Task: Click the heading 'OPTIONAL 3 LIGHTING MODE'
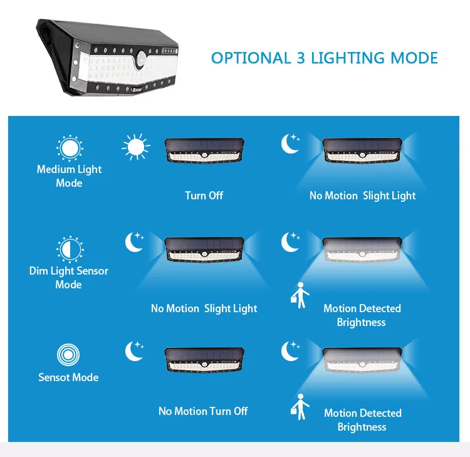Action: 324,58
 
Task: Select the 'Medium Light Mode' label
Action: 69,176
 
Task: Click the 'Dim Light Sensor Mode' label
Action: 69,278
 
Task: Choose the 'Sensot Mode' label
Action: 68,377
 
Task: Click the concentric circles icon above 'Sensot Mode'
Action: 68,355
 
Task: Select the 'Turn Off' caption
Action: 204,196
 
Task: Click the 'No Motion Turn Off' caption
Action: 203,411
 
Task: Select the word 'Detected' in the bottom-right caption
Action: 381,413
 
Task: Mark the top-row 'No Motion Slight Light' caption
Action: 362,196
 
